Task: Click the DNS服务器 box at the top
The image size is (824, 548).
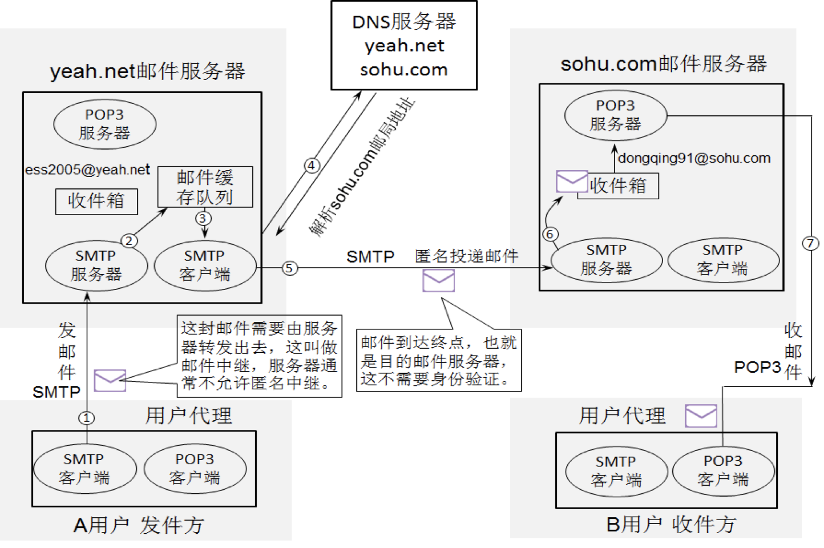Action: click(404, 46)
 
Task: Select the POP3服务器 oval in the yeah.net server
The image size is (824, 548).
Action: click(104, 124)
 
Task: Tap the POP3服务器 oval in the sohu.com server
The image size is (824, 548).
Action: click(615, 115)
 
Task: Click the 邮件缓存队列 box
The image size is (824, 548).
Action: click(205, 187)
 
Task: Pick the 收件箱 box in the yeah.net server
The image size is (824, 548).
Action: click(96, 201)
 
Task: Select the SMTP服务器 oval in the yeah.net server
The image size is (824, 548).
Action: click(96, 265)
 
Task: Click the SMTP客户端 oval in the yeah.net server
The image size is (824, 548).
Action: click(205, 265)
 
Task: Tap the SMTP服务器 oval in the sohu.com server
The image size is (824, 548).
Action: click(606, 260)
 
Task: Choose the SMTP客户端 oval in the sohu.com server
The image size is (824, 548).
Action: click(722, 260)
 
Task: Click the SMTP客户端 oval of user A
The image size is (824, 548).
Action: click(84, 469)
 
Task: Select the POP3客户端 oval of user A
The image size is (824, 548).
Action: click(195, 469)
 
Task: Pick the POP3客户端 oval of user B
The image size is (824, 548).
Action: click(723, 470)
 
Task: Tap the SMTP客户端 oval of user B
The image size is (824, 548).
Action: click(616, 471)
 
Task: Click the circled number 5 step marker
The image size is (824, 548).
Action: click(290, 268)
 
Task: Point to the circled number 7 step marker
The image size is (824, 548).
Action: click(810, 243)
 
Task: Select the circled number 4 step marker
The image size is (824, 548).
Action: click(312, 166)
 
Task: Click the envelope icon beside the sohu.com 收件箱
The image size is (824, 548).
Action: click(571, 182)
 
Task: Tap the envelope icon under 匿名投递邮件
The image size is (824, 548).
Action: click(438, 281)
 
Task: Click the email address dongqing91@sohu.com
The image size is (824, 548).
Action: click(694, 158)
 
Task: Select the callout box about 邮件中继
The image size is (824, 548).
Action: click(260, 356)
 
